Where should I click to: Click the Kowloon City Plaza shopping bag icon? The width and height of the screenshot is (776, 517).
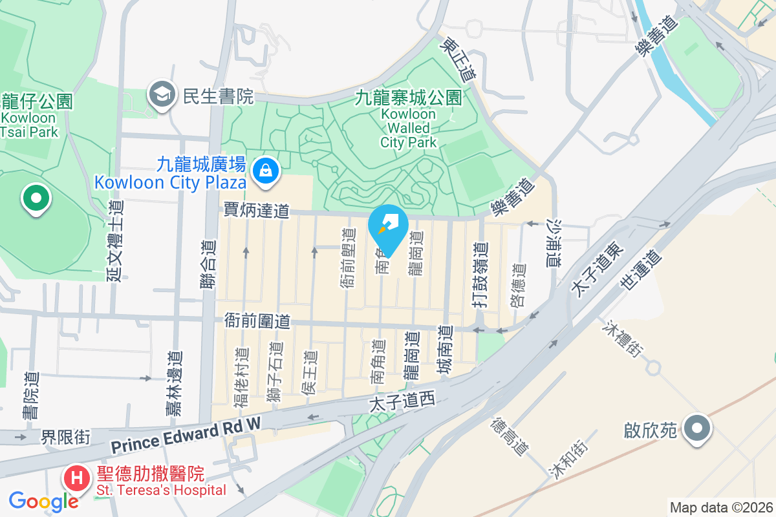click(x=265, y=171)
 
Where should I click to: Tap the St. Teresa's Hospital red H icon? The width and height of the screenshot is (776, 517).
click(x=77, y=479)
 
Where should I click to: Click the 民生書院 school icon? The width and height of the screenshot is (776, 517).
click(x=159, y=96)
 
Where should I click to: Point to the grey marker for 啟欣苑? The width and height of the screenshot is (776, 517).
click(x=696, y=428)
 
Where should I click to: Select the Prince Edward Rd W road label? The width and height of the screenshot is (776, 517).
click(x=185, y=436)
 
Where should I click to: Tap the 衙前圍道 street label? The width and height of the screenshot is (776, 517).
click(x=257, y=321)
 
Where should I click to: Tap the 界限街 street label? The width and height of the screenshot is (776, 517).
click(x=65, y=437)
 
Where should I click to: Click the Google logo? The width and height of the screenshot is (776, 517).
click(x=43, y=501)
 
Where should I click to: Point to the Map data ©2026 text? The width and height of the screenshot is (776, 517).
click(x=721, y=508)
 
